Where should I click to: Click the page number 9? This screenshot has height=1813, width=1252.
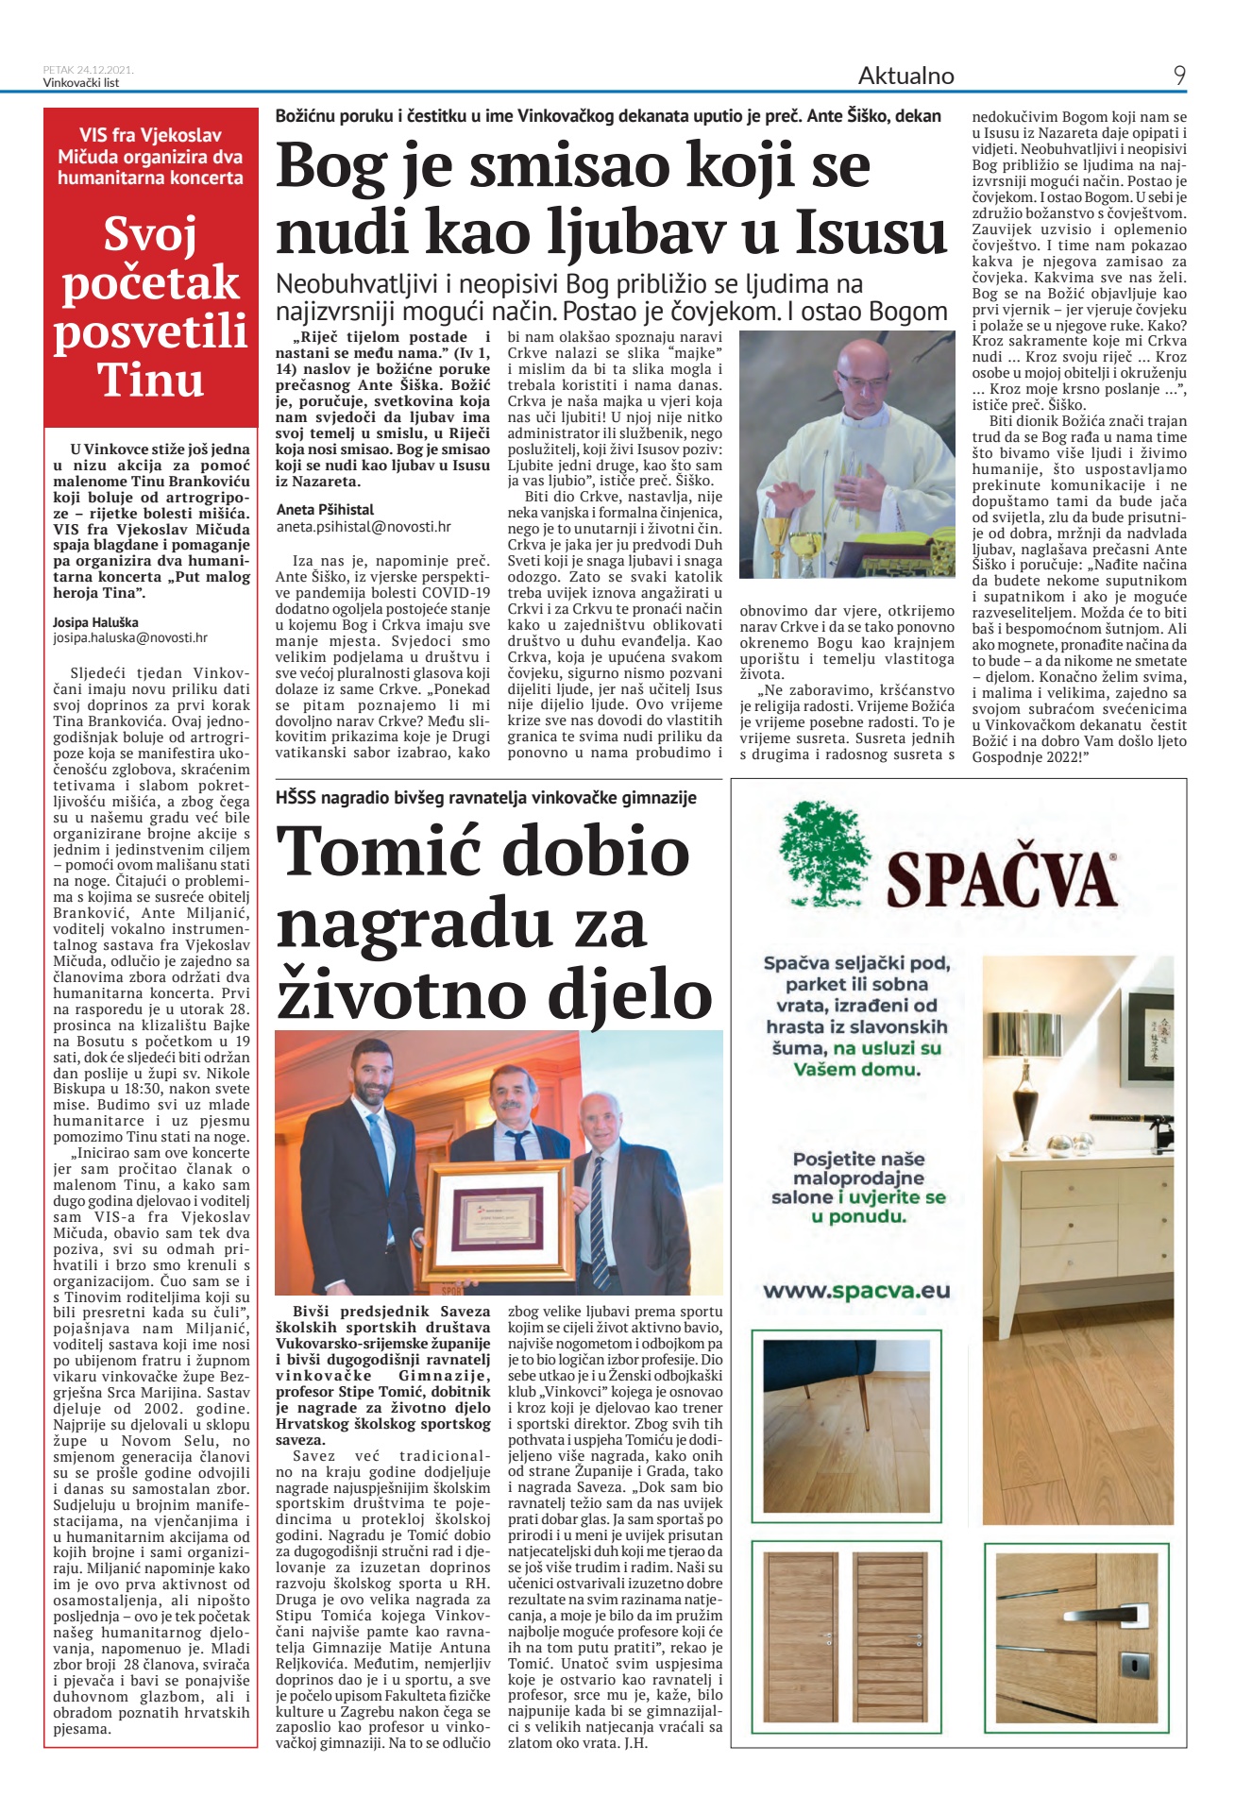[1179, 76]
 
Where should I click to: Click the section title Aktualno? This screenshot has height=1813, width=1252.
[905, 76]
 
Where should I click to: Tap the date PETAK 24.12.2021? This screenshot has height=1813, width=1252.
[89, 69]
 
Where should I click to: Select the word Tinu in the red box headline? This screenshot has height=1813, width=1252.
[151, 380]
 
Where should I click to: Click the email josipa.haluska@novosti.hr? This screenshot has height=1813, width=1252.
[130, 637]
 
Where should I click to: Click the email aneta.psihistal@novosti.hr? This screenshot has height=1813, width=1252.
[364, 527]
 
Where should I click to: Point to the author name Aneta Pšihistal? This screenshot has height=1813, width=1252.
[325, 510]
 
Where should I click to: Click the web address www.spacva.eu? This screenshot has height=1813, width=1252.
[855, 1290]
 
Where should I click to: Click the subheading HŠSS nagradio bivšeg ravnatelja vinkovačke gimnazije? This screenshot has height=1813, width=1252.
[486, 798]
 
